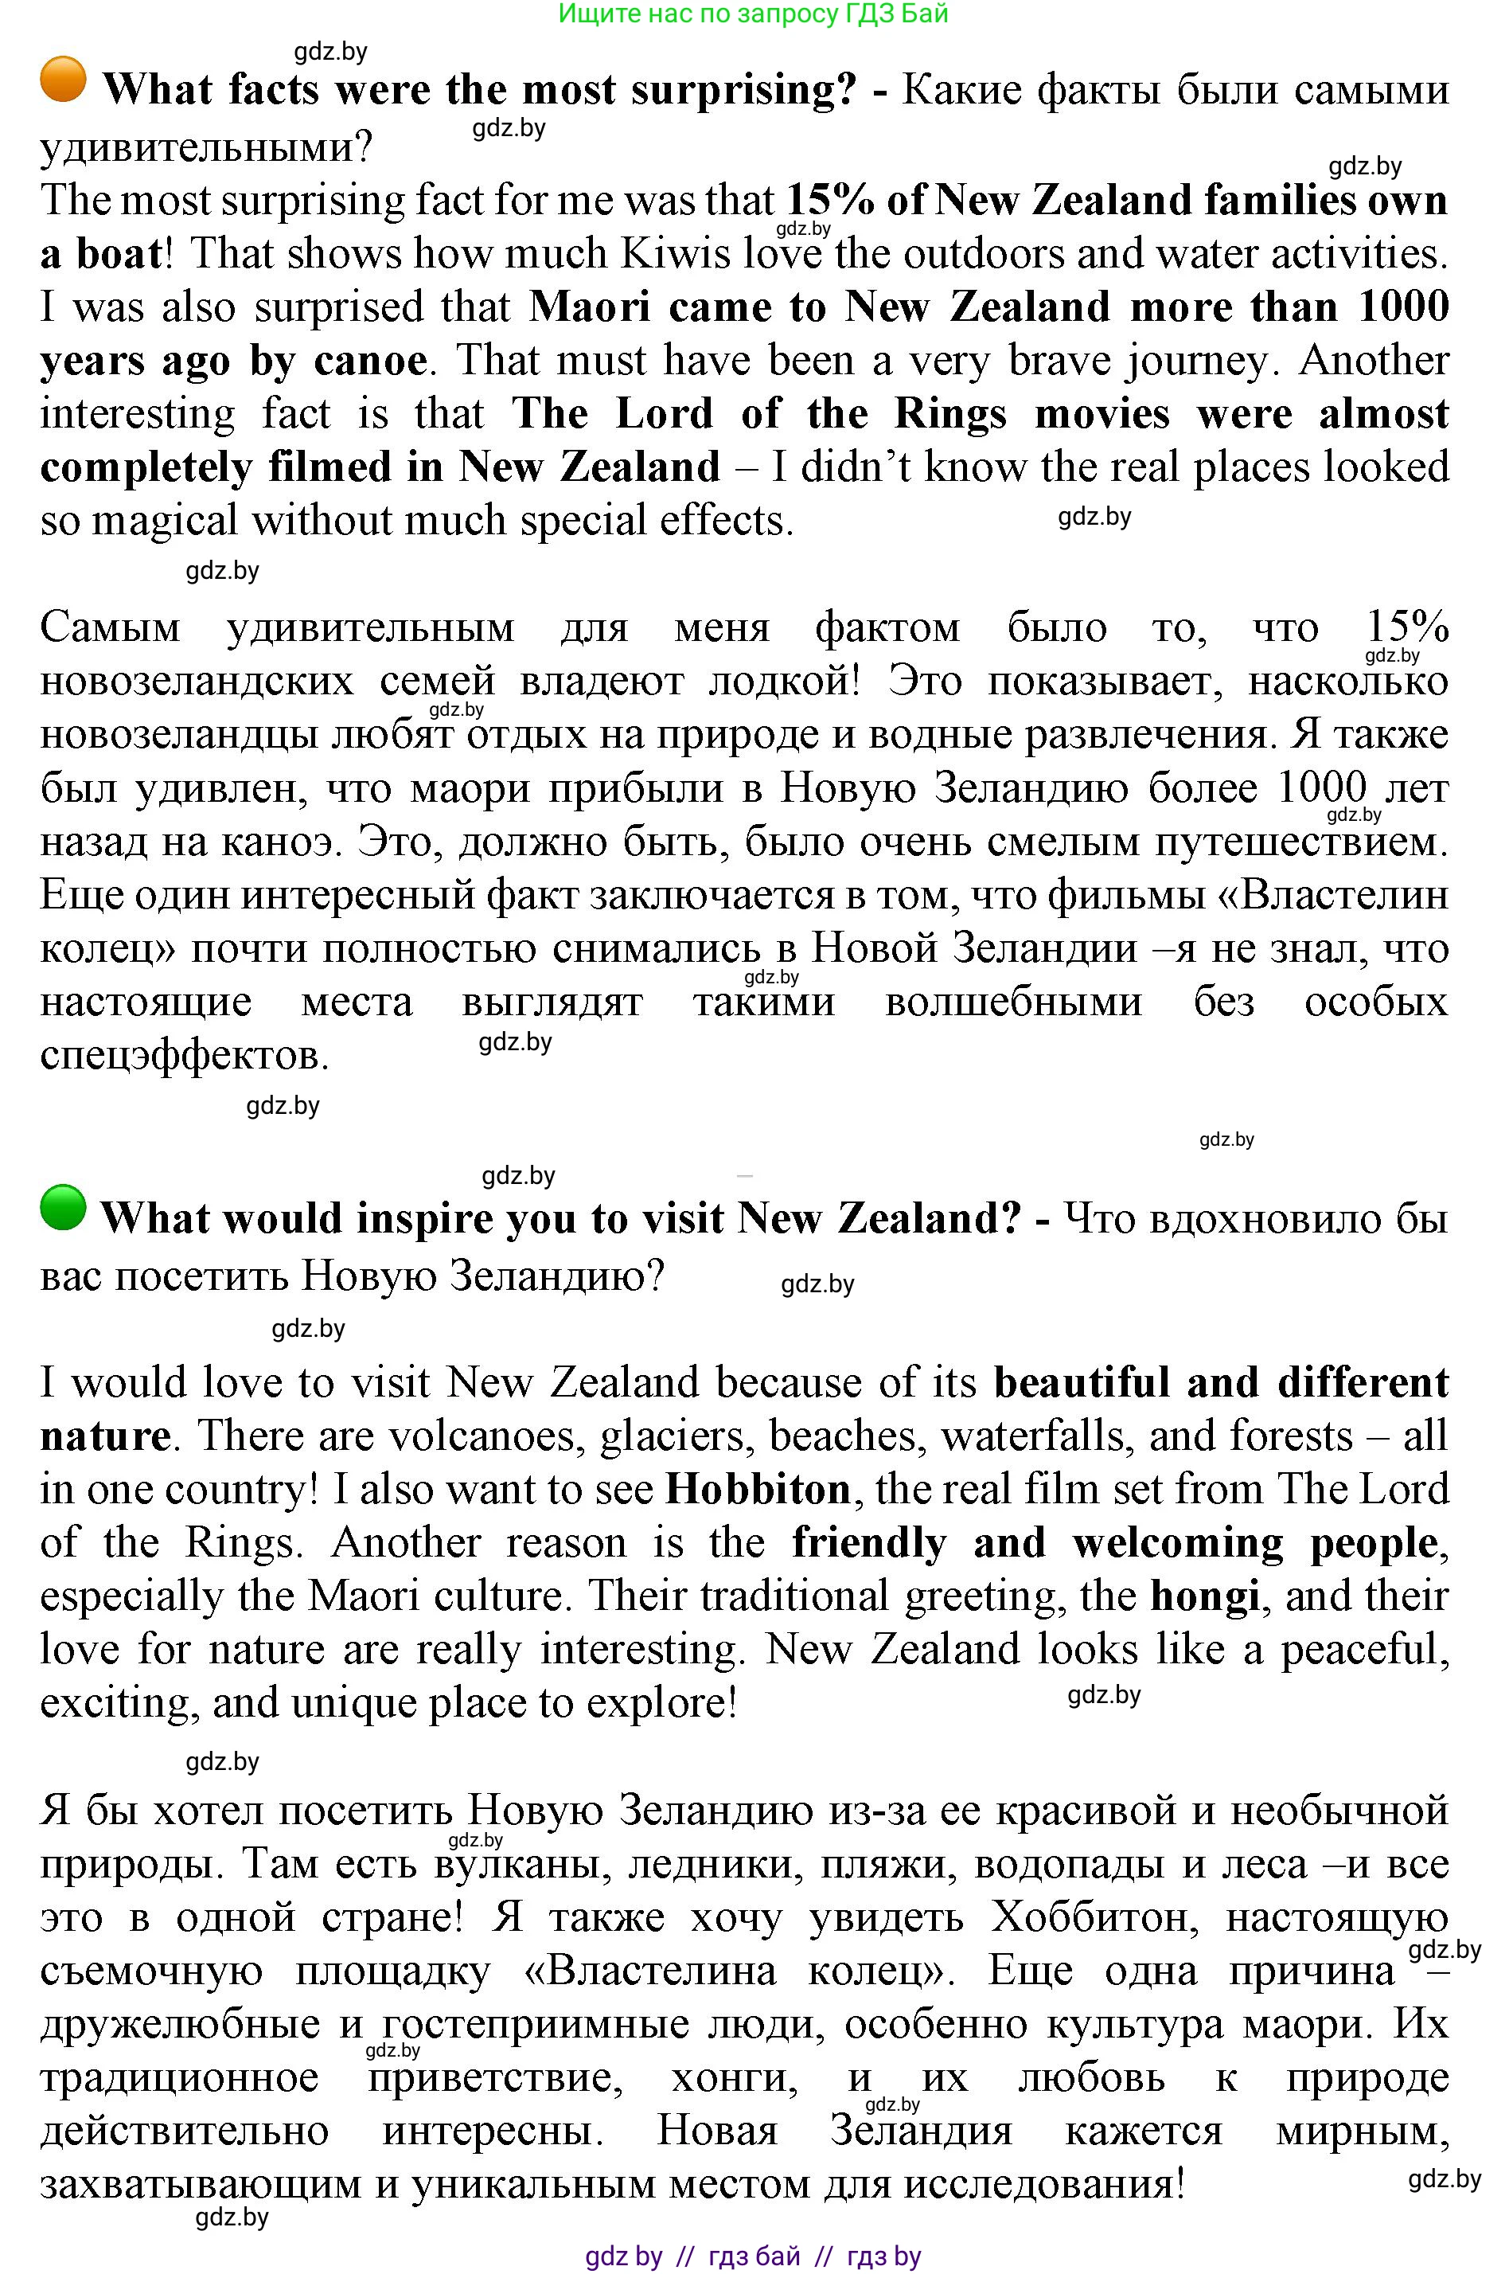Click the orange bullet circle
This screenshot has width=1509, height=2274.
coord(64,79)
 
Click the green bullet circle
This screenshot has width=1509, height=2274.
coord(64,1207)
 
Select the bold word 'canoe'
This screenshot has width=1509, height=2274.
coord(369,361)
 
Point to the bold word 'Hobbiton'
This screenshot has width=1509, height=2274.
coord(758,1490)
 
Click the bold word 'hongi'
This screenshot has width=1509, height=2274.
coord(1205,1596)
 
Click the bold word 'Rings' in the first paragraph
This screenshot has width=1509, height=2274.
coord(949,414)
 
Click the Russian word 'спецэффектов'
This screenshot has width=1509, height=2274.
coord(184,1056)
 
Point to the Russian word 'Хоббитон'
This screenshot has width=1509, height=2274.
coord(1094,1916)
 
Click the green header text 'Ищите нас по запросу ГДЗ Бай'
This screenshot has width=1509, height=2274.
coord(754,14)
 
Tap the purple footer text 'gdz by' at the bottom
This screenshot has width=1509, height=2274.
coord(624,2255)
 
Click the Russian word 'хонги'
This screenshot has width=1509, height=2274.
coord(735,2077)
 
